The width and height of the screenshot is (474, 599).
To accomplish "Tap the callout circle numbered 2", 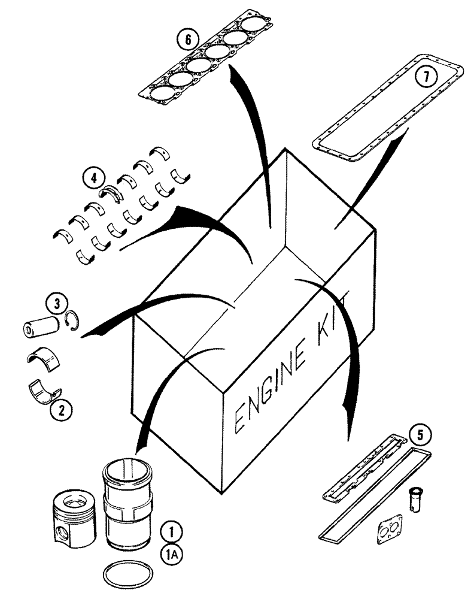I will tap(60, 410).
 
